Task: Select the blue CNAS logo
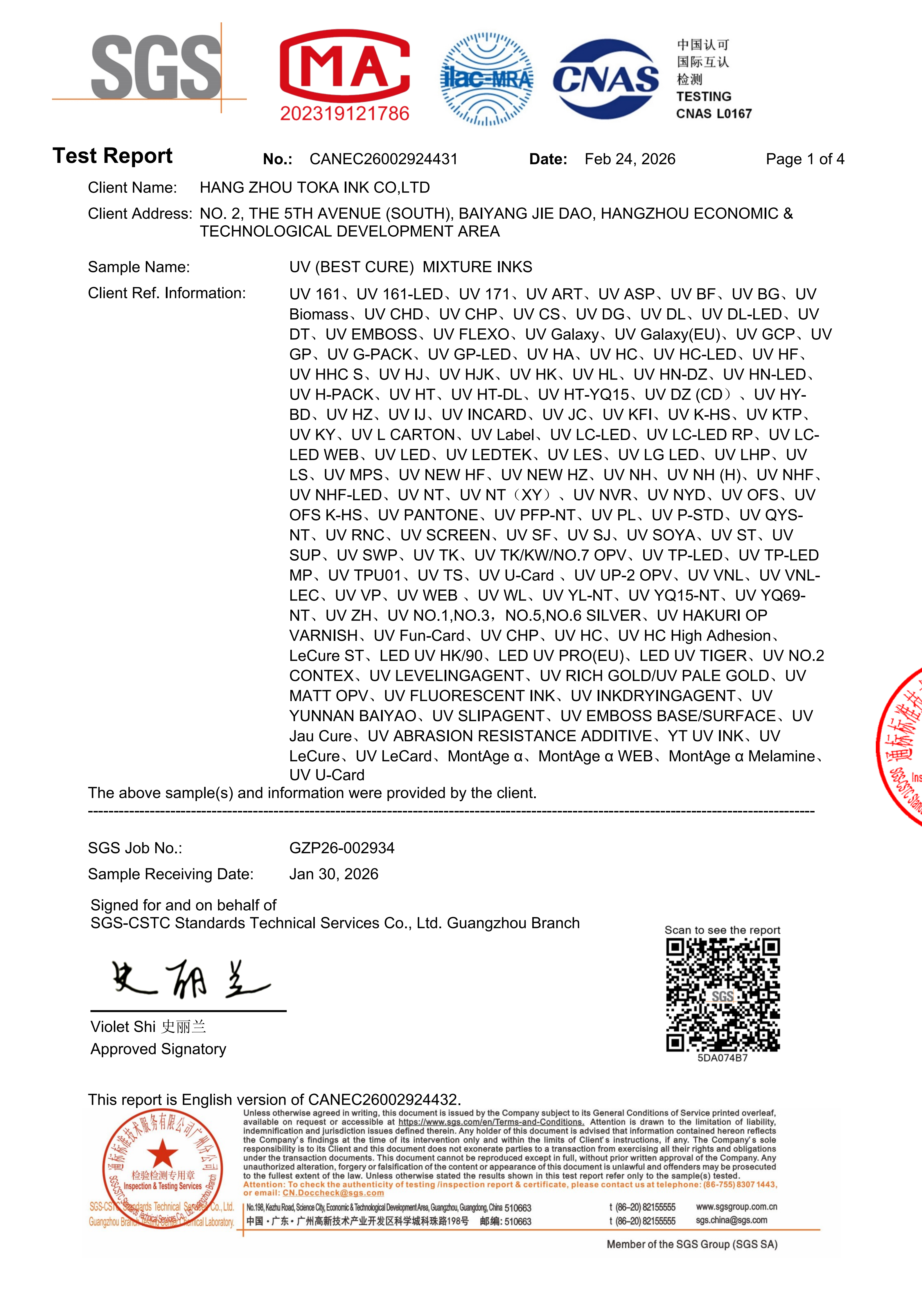point(605,78)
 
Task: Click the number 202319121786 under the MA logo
point(345,114)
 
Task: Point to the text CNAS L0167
point(713,114)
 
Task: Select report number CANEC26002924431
point(383,159)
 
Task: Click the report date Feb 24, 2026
point(630,159)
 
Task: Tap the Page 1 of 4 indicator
point(804,159)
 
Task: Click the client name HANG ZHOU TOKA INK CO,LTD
point(315,187)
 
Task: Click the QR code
point(722,994)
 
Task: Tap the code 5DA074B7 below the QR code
point(722,1058)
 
